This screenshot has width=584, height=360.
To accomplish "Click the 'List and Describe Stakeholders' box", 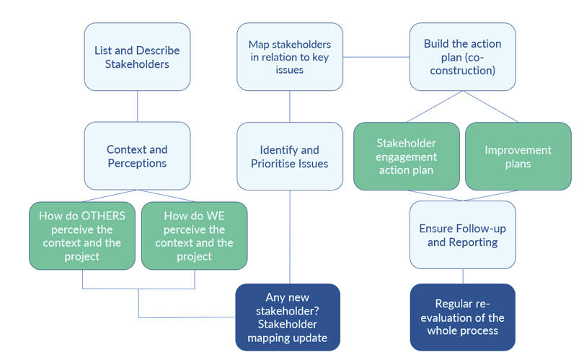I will click(137, 57).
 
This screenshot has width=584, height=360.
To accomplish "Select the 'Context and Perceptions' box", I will click(137, 156).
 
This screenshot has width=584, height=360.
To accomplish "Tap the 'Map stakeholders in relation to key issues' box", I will click(290, 57).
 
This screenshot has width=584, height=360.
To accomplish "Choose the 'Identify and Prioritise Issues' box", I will click(290, 156).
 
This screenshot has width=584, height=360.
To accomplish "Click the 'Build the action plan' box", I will click(463, 57).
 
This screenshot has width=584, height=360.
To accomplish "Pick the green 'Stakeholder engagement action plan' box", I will click(407, 156).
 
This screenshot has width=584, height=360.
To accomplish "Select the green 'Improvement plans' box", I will click(518, 156).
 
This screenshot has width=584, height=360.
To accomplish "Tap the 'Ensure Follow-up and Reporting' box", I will click(463, 234).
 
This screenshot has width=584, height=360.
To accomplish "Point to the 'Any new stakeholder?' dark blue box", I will click(288, 317).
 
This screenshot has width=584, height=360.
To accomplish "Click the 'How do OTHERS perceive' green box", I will click(82, 235).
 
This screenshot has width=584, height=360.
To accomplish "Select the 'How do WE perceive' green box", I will click(194, 235).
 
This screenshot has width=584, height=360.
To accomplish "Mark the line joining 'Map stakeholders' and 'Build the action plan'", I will click(376, 56).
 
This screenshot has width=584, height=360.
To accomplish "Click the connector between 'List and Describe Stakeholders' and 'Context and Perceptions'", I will click(137, 106).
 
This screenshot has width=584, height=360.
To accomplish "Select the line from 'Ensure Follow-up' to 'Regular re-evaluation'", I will click(463, 276).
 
